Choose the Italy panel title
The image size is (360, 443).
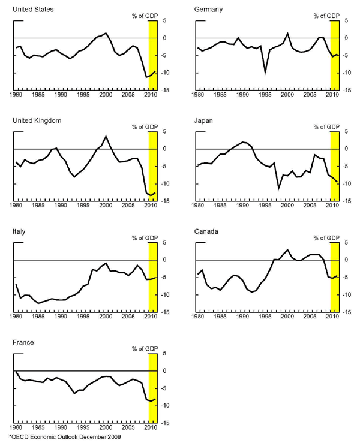19,231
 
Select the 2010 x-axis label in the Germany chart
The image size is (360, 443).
332,95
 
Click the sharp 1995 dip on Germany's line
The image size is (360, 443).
265,71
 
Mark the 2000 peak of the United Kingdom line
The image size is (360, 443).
106,136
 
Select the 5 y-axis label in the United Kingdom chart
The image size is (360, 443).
162,132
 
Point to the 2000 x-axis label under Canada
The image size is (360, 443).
287,317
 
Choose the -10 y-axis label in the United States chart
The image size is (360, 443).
163,73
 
